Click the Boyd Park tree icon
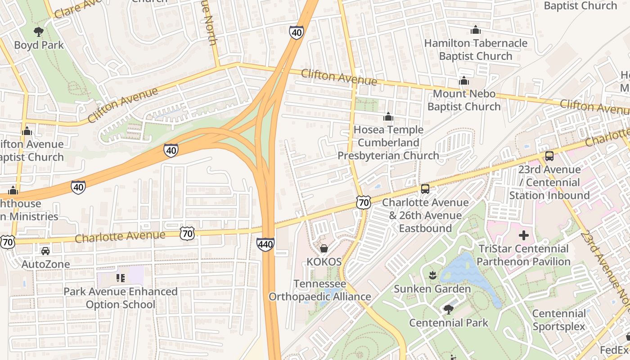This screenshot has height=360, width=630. click(x=39, y=31)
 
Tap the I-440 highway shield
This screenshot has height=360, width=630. click(x=265, y=244)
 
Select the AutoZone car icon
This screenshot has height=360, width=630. click(x=45, y=251)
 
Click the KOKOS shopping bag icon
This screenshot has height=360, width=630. click(x=324, y=248)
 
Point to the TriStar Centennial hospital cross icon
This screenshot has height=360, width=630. click(x=523, y=235)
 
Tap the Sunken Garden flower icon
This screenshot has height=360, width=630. click(x=432, y=275)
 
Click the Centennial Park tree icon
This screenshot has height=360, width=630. click(x=448, y=309)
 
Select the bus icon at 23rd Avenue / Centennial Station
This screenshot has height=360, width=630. click(x=549, y=156)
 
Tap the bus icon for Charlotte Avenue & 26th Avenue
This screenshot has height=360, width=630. click(x=425, y=189)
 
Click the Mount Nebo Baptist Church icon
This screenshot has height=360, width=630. click(x=463, y=81)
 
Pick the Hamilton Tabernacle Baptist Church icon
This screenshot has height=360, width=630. click(x=476, y=30)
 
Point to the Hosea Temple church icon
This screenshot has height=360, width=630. click(x=388, y=117)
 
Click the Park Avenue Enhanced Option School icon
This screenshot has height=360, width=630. click(x=120, y=278)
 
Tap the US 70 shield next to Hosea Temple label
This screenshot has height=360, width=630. click(x=364, y=202)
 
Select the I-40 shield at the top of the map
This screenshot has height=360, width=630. click(x=296, y=32)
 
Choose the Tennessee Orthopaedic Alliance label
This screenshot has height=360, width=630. click(x=320, y=290)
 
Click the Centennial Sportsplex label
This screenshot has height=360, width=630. click(x=559, y=320)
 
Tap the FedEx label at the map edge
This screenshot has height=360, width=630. click(x=614, y=350)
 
